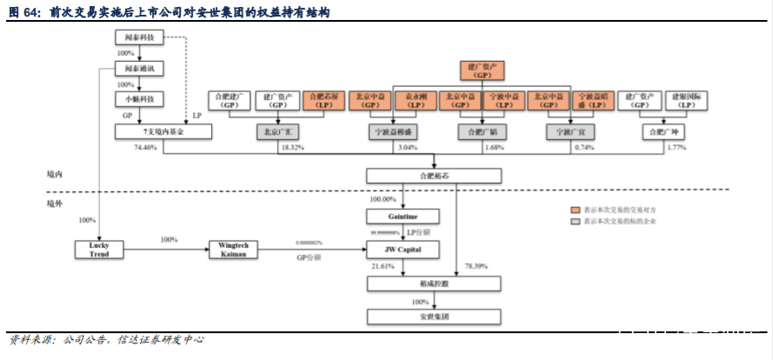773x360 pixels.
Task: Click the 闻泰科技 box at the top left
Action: tap(139, 37)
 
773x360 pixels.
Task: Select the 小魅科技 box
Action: tap(139, 99)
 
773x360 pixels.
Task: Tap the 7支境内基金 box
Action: tap(163, 131)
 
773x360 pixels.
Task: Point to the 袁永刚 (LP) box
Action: tap(416, 100)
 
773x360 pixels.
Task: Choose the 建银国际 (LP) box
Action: tap(687, 100)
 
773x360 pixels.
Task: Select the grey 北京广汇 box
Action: tap(278, 132)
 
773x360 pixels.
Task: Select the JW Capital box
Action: tap(403, 250)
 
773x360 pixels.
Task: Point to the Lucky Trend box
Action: tap(99, 250)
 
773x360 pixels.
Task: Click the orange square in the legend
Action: tap(575, 210)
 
